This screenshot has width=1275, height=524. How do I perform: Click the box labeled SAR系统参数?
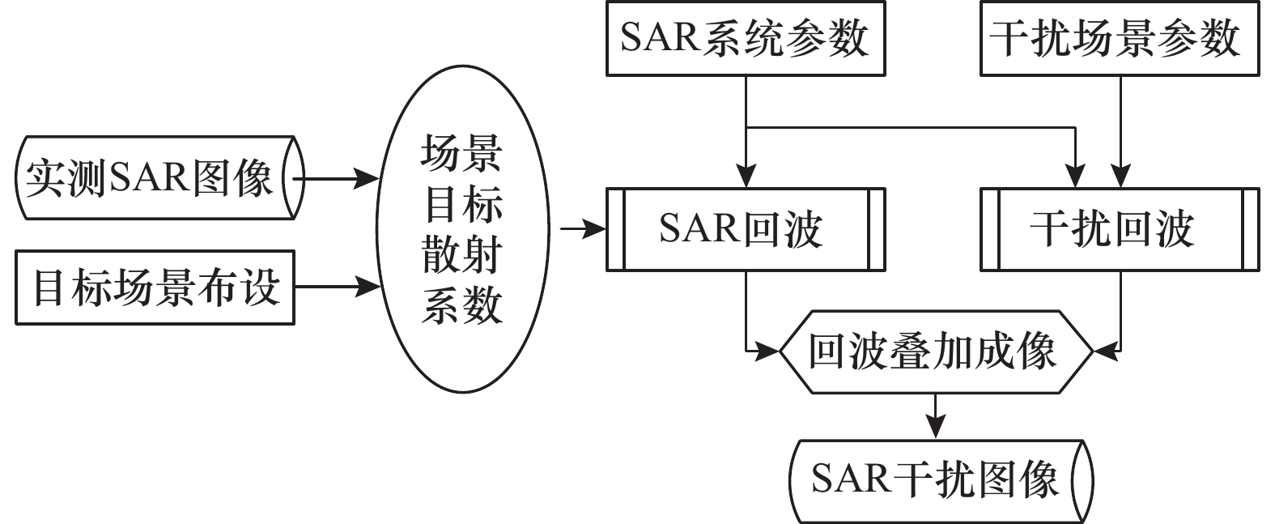[745, 39]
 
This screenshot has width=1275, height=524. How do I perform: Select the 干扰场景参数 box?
[1120, 39]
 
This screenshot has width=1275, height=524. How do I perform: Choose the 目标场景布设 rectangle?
[155, 288]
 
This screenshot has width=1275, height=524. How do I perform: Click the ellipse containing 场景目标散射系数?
[462, 231]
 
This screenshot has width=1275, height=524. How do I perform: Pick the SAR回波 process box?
[745, 229]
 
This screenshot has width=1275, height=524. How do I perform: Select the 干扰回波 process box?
[1120, 229]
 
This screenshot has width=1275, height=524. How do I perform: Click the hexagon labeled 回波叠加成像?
[935, 352]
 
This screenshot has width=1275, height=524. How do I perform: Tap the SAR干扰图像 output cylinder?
[941, 480]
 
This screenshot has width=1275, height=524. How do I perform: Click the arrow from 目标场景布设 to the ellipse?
[337, 286]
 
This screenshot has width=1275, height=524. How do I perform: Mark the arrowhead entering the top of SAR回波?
[746, 177]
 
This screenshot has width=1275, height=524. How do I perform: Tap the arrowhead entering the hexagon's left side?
[768, 352]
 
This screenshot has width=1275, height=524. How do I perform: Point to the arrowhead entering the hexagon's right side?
[1103, 352]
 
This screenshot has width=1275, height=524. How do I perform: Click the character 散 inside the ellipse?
[442, 257]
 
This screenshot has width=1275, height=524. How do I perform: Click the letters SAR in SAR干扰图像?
[850, 479]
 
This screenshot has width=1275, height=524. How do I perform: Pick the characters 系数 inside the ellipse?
[462, 308]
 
